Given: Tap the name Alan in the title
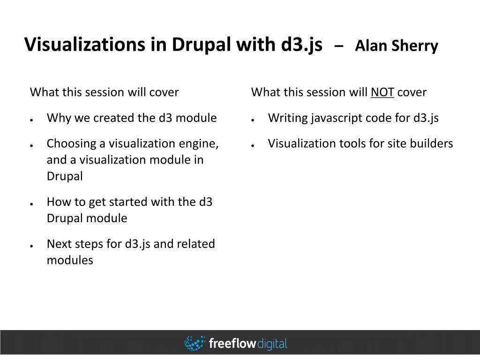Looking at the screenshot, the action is point(371,45).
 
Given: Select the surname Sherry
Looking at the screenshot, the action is point(415,46).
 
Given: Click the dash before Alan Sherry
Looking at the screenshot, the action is point(339,46).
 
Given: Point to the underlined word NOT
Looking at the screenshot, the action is point(382,92).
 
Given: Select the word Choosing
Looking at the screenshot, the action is point(71,143).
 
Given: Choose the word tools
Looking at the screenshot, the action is point(351,143).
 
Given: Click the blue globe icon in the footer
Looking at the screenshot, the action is point(195,343).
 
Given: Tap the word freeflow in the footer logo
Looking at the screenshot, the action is point(232,343).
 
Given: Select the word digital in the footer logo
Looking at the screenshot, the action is point(272,344).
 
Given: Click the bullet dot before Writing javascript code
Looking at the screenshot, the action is point(253,120).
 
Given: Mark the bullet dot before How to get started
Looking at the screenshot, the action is point(31,204).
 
